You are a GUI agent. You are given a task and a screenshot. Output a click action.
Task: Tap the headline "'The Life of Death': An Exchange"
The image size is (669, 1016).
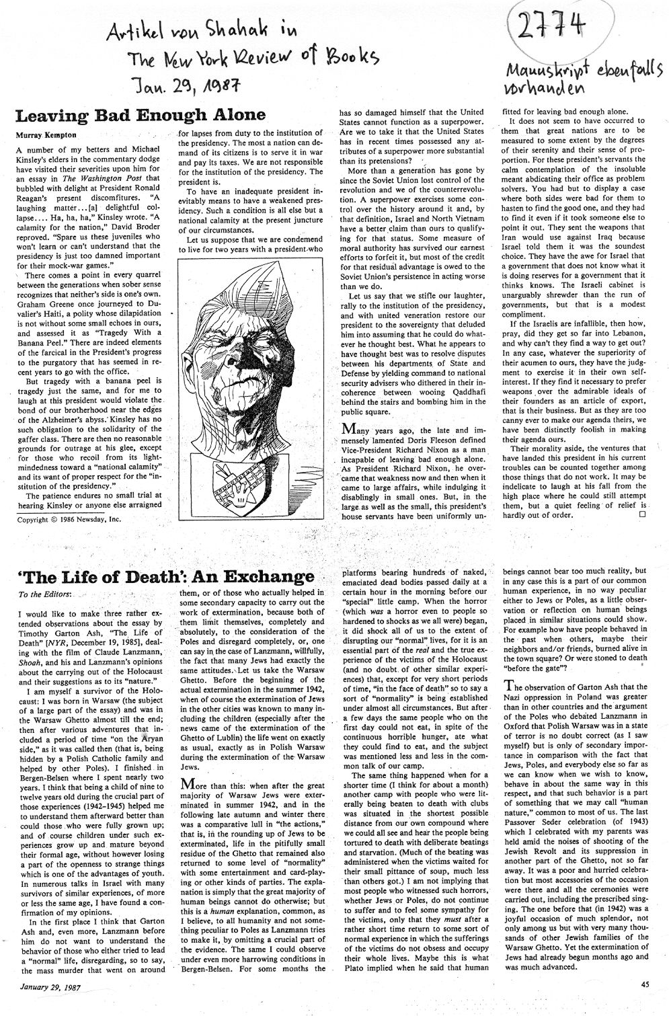[x=165, y=577]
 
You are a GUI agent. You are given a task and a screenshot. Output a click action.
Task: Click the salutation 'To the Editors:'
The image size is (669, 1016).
[x=47, y=594]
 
